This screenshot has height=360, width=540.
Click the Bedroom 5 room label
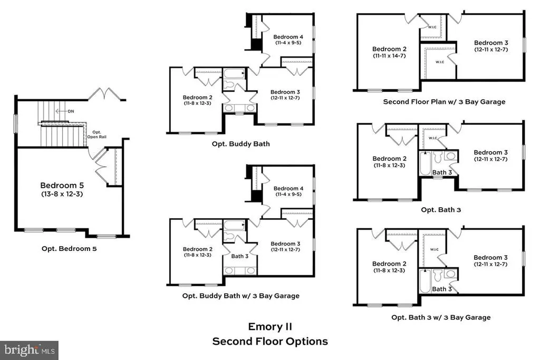point(62,186)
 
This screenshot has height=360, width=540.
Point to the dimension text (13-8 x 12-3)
point(62,194)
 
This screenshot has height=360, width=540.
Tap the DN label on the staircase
point(71,111)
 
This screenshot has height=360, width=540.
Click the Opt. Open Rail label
point(97,134)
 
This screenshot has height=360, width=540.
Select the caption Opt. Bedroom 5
point(69,248)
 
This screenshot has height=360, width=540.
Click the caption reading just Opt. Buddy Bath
point(240,144)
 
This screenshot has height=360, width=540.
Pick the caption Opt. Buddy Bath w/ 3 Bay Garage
point(240,296)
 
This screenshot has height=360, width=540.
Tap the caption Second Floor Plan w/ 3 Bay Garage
point(444,102)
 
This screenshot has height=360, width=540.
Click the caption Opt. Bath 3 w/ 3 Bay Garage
point(441,317)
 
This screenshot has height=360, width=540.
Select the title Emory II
point(270,326)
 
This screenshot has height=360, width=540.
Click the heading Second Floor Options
point(270,342)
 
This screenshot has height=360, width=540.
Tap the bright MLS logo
point(30,351)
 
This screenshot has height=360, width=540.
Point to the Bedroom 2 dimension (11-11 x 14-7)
point(390,56)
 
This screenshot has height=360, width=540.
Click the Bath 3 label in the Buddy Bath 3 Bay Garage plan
point(240,256)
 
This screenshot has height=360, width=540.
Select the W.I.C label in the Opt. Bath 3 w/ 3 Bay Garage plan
point(435,249)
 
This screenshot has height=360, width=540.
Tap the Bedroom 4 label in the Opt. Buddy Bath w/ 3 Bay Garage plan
point(288,188)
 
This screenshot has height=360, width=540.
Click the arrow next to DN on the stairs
point(61,111)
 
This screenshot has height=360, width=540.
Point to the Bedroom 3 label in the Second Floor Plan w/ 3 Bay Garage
point(491,43)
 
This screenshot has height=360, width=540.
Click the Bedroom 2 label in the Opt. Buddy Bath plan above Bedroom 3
point(198,98)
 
